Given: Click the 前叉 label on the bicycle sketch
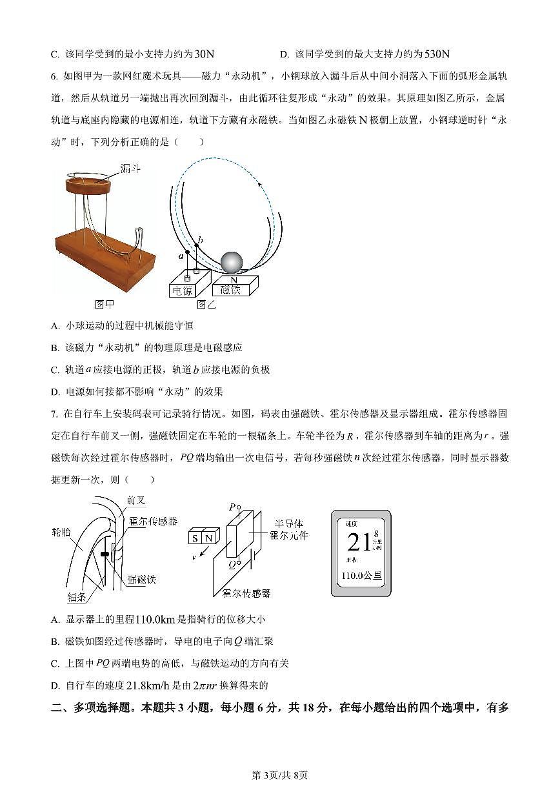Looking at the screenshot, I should point(135,500).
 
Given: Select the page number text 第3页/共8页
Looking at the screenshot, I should point(279,775).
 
